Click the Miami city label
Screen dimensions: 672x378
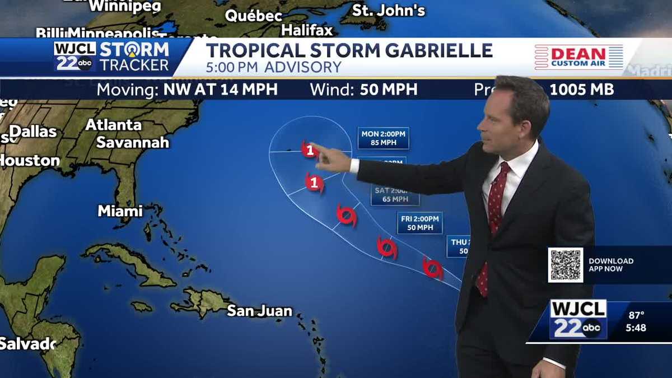coord(120,211)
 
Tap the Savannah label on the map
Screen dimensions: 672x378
coord(132,142)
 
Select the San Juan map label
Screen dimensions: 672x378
coord(259,311)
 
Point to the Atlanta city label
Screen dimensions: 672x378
coord(113,124)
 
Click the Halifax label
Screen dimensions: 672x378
coord(307,30)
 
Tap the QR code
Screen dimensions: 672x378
coord(565,265)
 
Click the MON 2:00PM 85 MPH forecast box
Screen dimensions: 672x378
coord(383,138)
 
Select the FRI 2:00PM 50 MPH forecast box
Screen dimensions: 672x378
coord(419,222)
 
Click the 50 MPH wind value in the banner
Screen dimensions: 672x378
coord(389,90)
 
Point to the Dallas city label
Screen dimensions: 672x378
coord(33,132)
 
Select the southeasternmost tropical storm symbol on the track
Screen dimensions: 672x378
coord(432,268)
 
